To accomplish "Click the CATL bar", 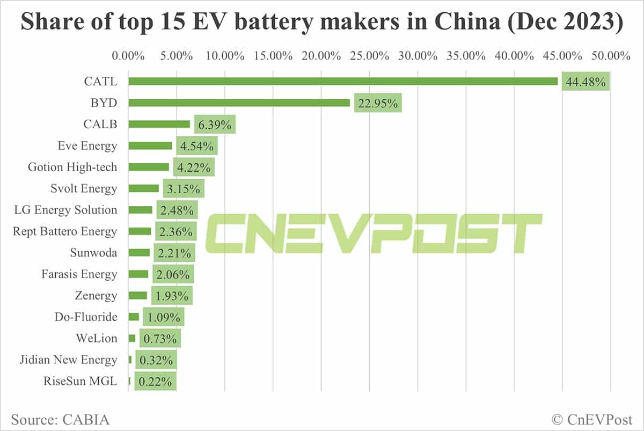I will [343, 81].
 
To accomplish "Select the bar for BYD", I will [239, 103].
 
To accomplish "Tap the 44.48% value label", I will [586, 82].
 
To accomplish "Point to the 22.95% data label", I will [378, 104].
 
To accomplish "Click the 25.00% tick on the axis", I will [369, 55].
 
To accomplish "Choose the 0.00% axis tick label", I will [128, 55].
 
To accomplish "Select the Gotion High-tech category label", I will [72, 167].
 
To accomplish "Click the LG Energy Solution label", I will [65, 210].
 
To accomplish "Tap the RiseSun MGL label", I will [80, 382].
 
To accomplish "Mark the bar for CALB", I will [159, 124].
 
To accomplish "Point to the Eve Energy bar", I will [150, 145].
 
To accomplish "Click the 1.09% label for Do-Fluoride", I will [163, 317].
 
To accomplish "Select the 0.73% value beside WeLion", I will [160, 339].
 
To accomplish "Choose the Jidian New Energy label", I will [64, 360].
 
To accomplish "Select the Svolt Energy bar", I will [143, 188].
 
